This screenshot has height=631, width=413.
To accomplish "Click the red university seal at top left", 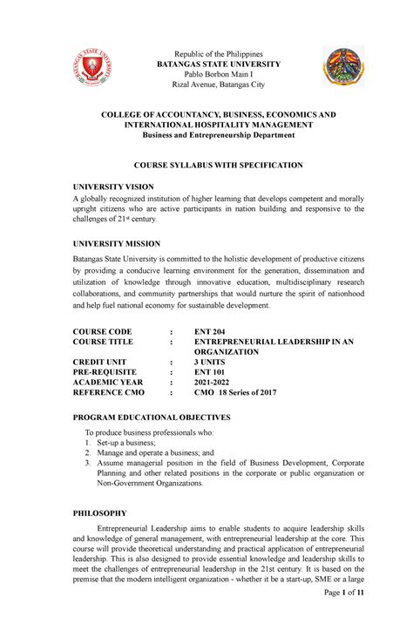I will (92, 68).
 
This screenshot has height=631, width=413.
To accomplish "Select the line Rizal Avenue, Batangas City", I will (206, 85).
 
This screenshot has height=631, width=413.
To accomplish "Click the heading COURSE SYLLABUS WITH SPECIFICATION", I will (206, 164).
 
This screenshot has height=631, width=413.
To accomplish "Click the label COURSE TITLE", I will (115, 343).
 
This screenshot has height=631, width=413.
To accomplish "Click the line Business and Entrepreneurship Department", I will (206, 136).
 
